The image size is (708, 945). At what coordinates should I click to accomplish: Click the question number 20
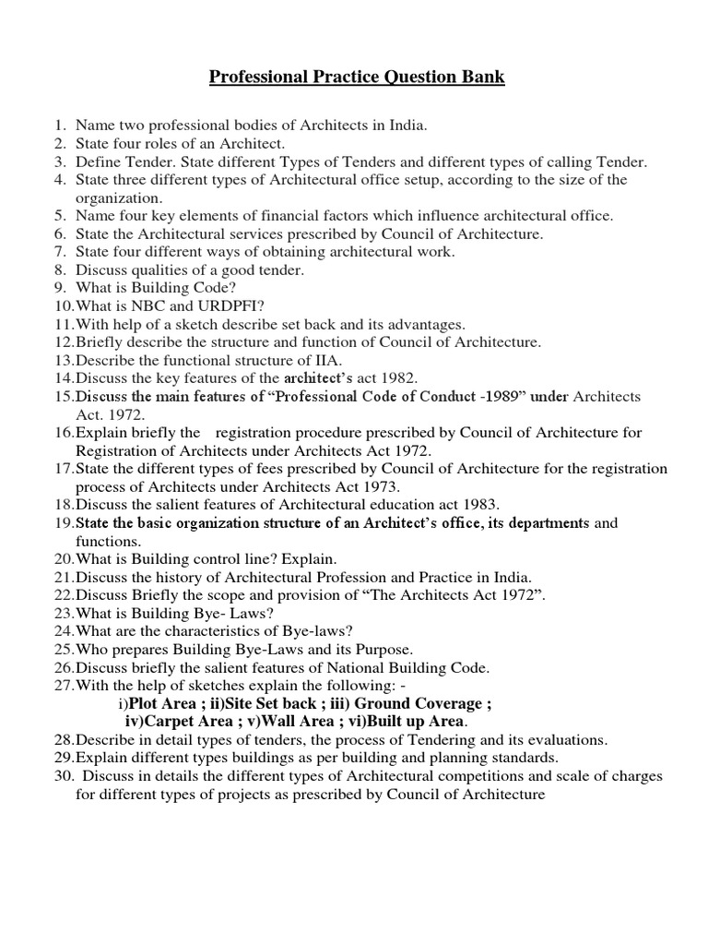point(63,559)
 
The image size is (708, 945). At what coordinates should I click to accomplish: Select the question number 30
point(63,776)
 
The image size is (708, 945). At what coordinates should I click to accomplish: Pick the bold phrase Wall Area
point(294,721)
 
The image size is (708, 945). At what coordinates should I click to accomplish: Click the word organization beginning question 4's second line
point(118,197)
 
